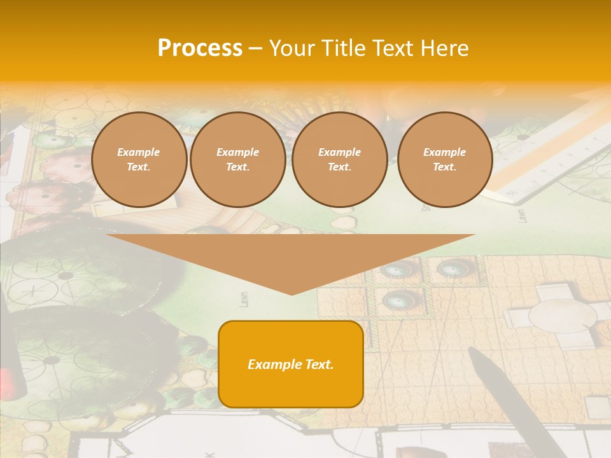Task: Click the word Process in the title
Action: [x=200, y=48]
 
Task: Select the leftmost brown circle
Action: [x=139, y=160]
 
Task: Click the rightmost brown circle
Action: [x=445, y=160]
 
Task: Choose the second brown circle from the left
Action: [x=238, y=160]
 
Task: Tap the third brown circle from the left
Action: [x=340, y=160]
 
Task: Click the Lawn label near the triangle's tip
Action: [x=244, y=299]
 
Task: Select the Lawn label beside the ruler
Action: [x=521, y=214]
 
